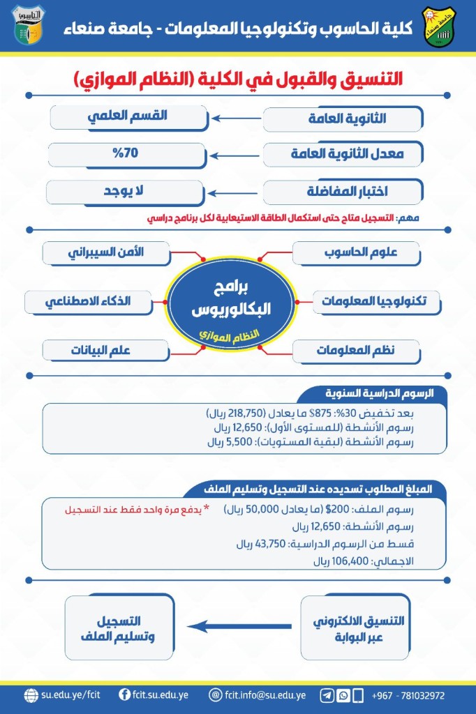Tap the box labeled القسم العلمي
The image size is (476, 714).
[128, 116]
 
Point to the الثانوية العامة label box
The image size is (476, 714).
[343, 119]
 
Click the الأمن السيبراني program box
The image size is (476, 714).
[106, 252]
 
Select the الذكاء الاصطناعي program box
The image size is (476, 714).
[87, 302]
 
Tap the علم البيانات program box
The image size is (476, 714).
[105, 350]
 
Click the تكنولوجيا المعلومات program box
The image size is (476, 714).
[380, 302]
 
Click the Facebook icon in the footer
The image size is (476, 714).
[126, 695]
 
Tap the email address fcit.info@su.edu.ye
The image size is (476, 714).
[266, 695]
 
